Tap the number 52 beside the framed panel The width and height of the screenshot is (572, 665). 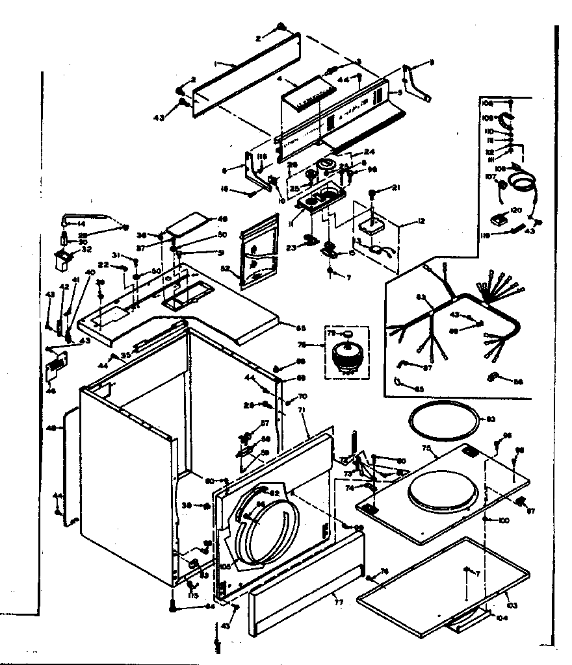(x=226, y=268)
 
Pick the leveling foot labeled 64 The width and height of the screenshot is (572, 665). (x=173, y=608)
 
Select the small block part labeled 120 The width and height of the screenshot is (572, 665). (x=497, y=220)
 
